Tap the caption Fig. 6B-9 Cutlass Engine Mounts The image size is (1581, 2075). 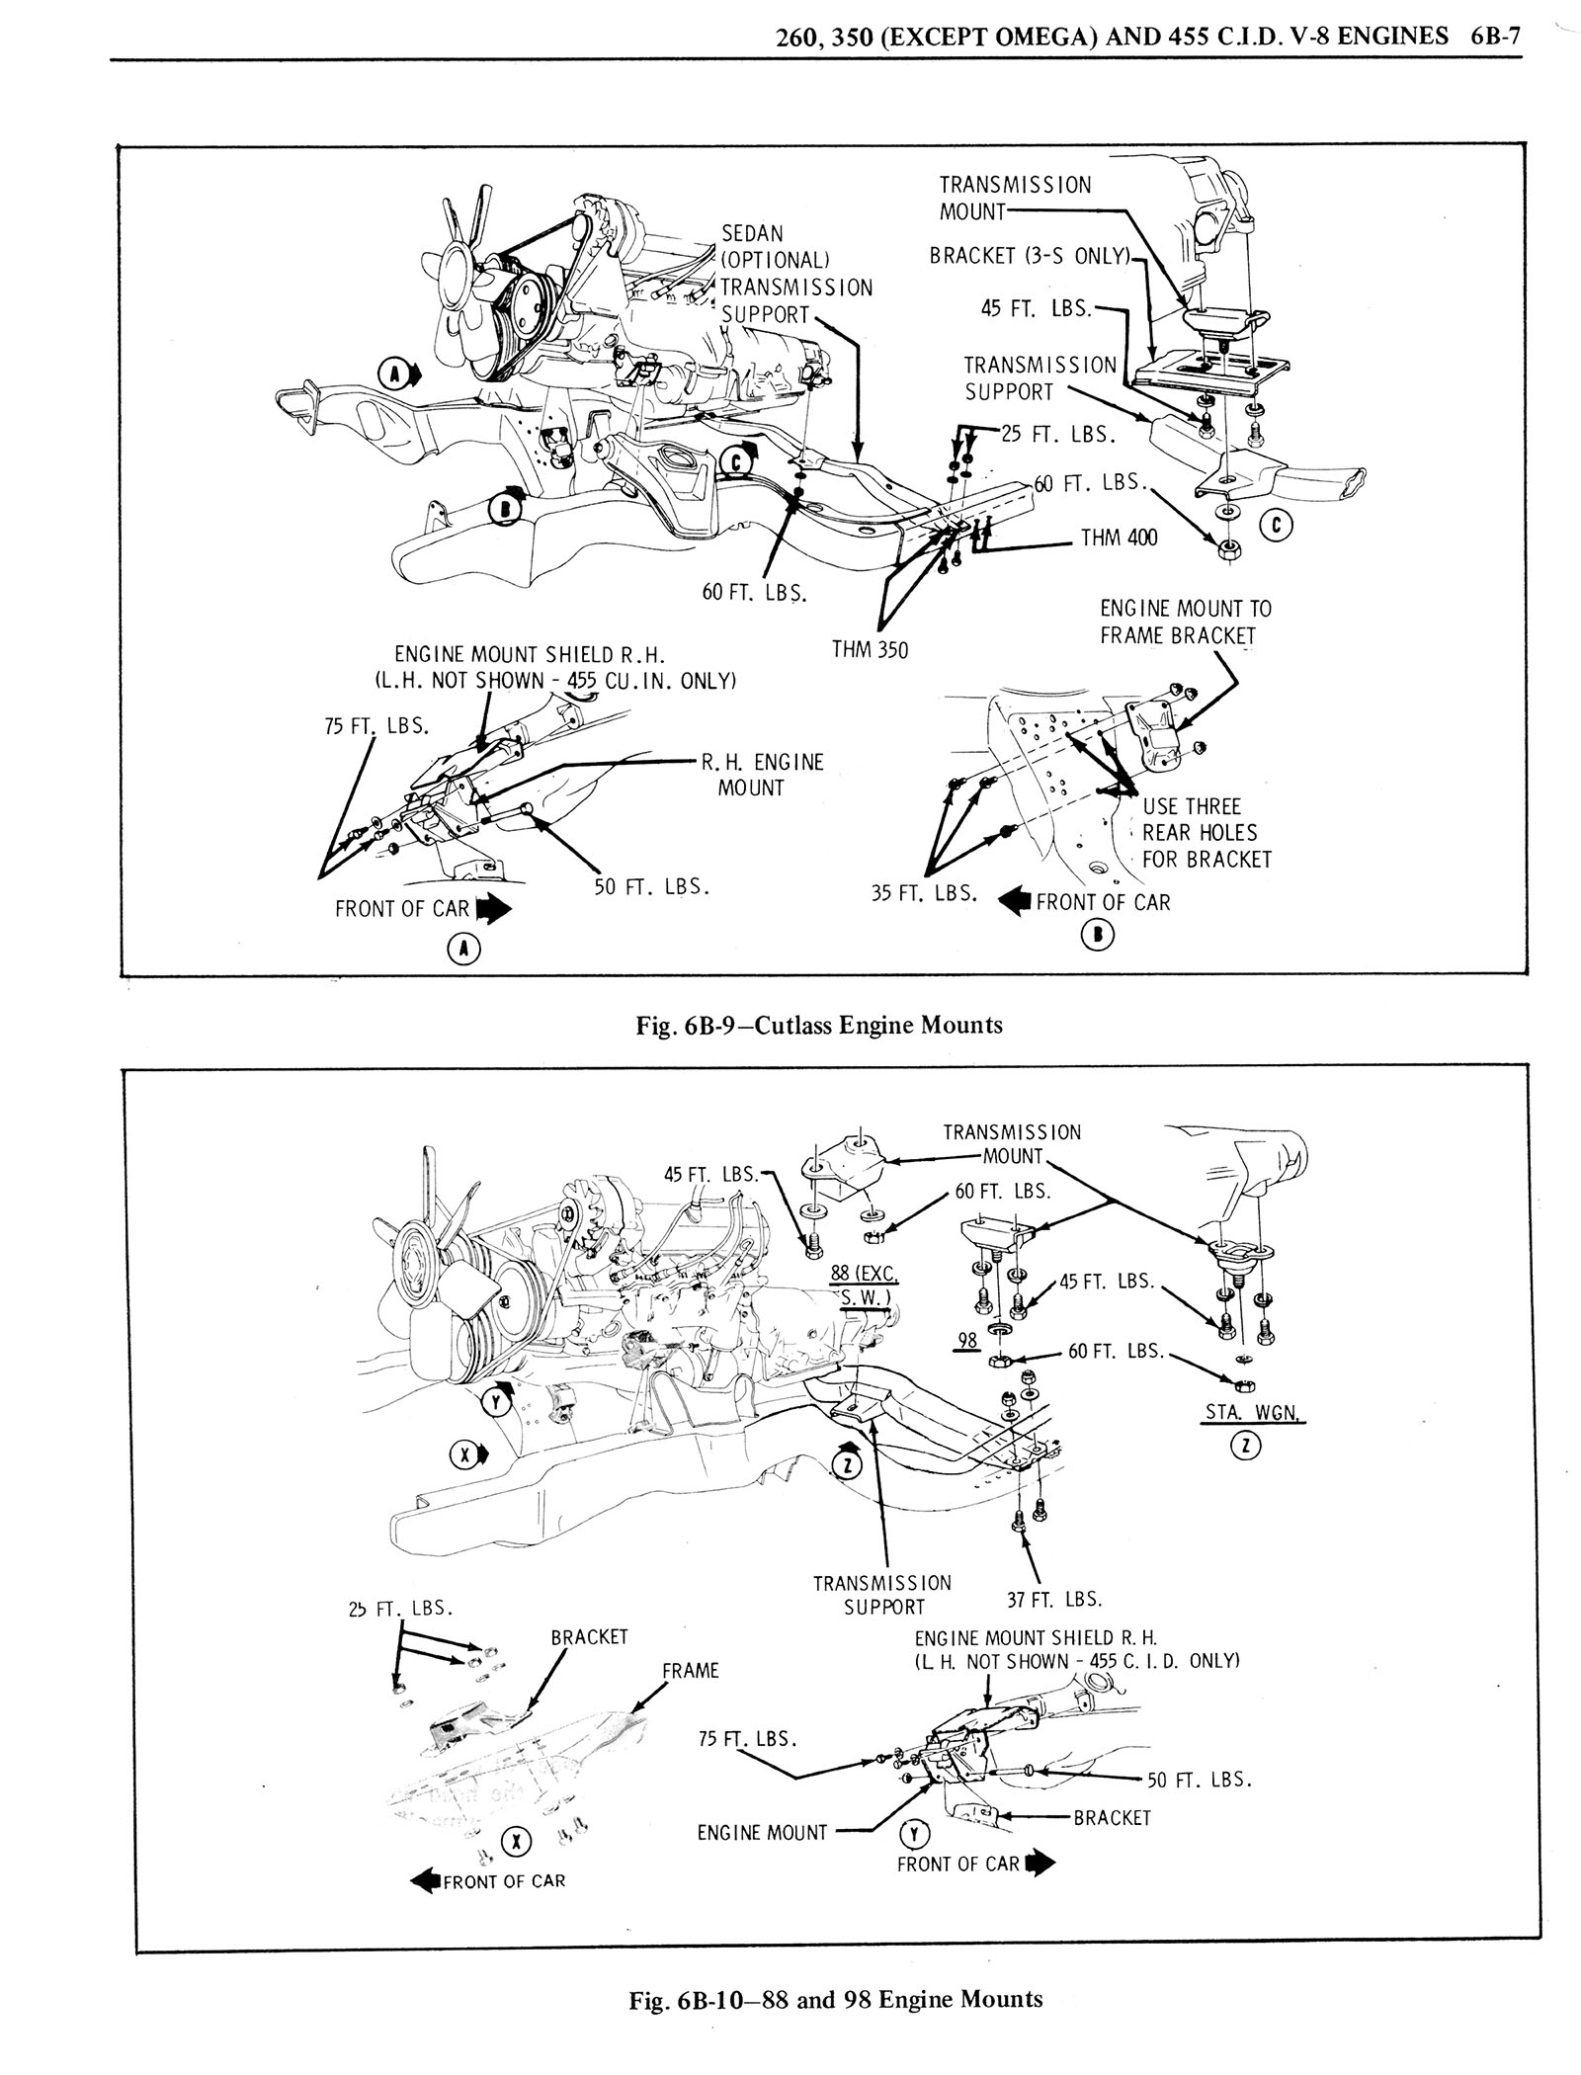[x=819, y=1025]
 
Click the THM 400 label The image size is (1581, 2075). [x=1119, y=539]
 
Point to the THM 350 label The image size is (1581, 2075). [x=870, y=649]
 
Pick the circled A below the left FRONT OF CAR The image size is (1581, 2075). [x=459, y=950]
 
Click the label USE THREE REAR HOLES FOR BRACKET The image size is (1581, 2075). [x=1206, y=833]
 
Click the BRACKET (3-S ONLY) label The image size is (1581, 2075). [x=1029, y=256]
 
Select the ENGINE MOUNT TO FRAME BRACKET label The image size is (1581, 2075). [x=1186, y=622]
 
